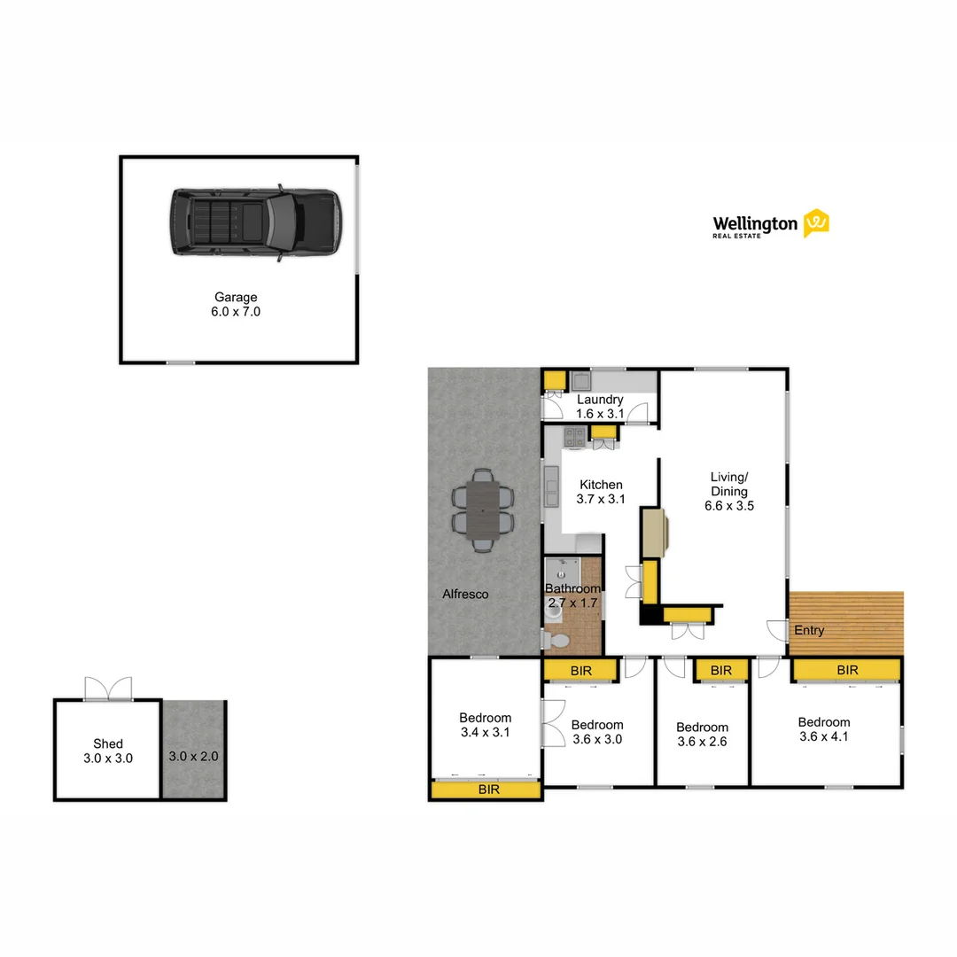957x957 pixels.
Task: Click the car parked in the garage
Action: tap(256, 222)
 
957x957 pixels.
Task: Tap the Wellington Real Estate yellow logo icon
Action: tap(815, 223)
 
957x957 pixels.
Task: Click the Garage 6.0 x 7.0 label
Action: tap(236, 304)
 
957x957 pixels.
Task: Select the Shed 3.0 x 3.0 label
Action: tap(108, 751)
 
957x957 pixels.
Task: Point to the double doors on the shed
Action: tap(108, 688)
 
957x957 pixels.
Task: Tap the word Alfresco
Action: tap(465, 595)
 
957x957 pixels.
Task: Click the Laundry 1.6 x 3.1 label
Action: tap(600, 406)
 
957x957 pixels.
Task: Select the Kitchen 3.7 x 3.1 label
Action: tap(601, 491)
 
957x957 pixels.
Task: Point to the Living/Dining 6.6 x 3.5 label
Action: tap(729, 491)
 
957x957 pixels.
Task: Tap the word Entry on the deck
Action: tap(809, 630)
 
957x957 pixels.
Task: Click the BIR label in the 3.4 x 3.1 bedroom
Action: tap(486, 789)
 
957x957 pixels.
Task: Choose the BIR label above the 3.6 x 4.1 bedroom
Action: tap(847, 670)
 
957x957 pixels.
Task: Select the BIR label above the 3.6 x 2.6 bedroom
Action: tap(721, 670)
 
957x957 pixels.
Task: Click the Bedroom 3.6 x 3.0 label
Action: tap(597, 732)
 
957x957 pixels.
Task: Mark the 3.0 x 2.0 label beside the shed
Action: tap(193, 757)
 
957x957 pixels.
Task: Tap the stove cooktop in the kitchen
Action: tap(573, 435)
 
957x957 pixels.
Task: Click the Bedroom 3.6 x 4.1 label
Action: tap(823, 728)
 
